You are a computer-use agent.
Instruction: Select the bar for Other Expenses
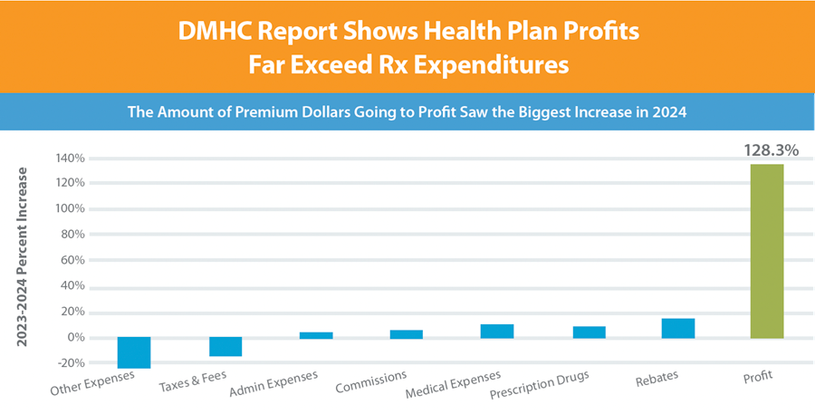(134, 352)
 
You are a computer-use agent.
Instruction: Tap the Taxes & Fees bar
(225, 346)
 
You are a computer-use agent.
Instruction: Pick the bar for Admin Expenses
(316, 334)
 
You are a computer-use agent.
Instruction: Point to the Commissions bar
(406, 333)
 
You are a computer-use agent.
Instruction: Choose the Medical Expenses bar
(497, 331)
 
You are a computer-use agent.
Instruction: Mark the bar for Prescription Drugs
(589, 332)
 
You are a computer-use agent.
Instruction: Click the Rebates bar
(678, 328)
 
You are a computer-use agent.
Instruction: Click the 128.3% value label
(771, 150)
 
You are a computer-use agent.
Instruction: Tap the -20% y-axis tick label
(73, 363)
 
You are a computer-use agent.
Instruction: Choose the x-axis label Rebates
(657, 376)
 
